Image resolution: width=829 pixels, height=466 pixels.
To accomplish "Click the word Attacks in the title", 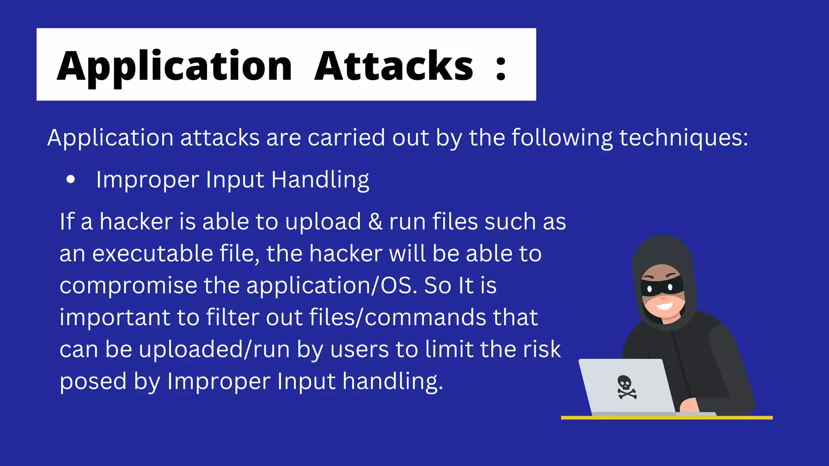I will tap(393, 66).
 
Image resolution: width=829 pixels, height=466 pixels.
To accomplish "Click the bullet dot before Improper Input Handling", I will tap(71, 180).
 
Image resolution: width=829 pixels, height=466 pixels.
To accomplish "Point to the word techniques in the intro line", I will tap(683, 138).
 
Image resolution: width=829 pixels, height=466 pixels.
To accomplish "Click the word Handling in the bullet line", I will tap(320, 180).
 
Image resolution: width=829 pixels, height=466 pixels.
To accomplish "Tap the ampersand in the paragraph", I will tap(375, 222).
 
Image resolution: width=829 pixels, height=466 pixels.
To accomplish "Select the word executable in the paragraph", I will tap(153, 254).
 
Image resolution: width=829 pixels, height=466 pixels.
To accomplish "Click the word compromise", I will tap(128, 286).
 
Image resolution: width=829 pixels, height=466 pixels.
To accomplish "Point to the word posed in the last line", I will tap(93, 381).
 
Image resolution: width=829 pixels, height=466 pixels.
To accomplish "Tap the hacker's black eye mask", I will tap(661, 287).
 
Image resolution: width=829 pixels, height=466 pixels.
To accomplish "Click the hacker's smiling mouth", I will tap(664, 306).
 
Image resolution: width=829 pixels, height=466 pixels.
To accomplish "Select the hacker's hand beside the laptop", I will tap(688, 405).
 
